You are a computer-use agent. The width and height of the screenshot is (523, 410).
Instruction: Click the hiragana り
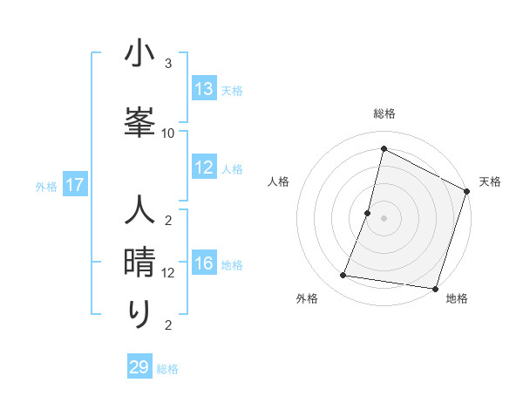point(139,312)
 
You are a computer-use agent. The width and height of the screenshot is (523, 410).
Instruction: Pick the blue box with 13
point(204,89)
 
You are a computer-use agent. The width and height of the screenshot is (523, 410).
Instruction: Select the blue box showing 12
point(204,167)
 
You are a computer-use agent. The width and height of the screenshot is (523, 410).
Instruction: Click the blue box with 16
point(204,264)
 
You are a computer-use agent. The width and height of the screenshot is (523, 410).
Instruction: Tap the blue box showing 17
point(74,185)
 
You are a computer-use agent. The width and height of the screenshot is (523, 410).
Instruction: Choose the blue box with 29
point(139,367)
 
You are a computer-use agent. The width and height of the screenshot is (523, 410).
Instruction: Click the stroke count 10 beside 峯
point(168,133)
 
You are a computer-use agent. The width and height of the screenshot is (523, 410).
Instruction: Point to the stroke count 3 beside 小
point(168,64)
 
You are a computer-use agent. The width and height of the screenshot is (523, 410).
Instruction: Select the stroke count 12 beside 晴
point(168,272)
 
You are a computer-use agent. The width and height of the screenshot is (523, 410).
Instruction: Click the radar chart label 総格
point(384,114)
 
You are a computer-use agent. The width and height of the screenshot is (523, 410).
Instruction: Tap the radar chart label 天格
point(490,181)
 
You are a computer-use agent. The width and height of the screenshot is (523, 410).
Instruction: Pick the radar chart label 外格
point(307,298)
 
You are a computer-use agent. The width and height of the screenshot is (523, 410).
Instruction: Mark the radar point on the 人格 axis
point(368,213)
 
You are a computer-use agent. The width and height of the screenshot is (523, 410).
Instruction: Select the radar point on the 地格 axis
point(435,289)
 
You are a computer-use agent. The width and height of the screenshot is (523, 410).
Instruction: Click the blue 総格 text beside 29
point(167,369)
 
